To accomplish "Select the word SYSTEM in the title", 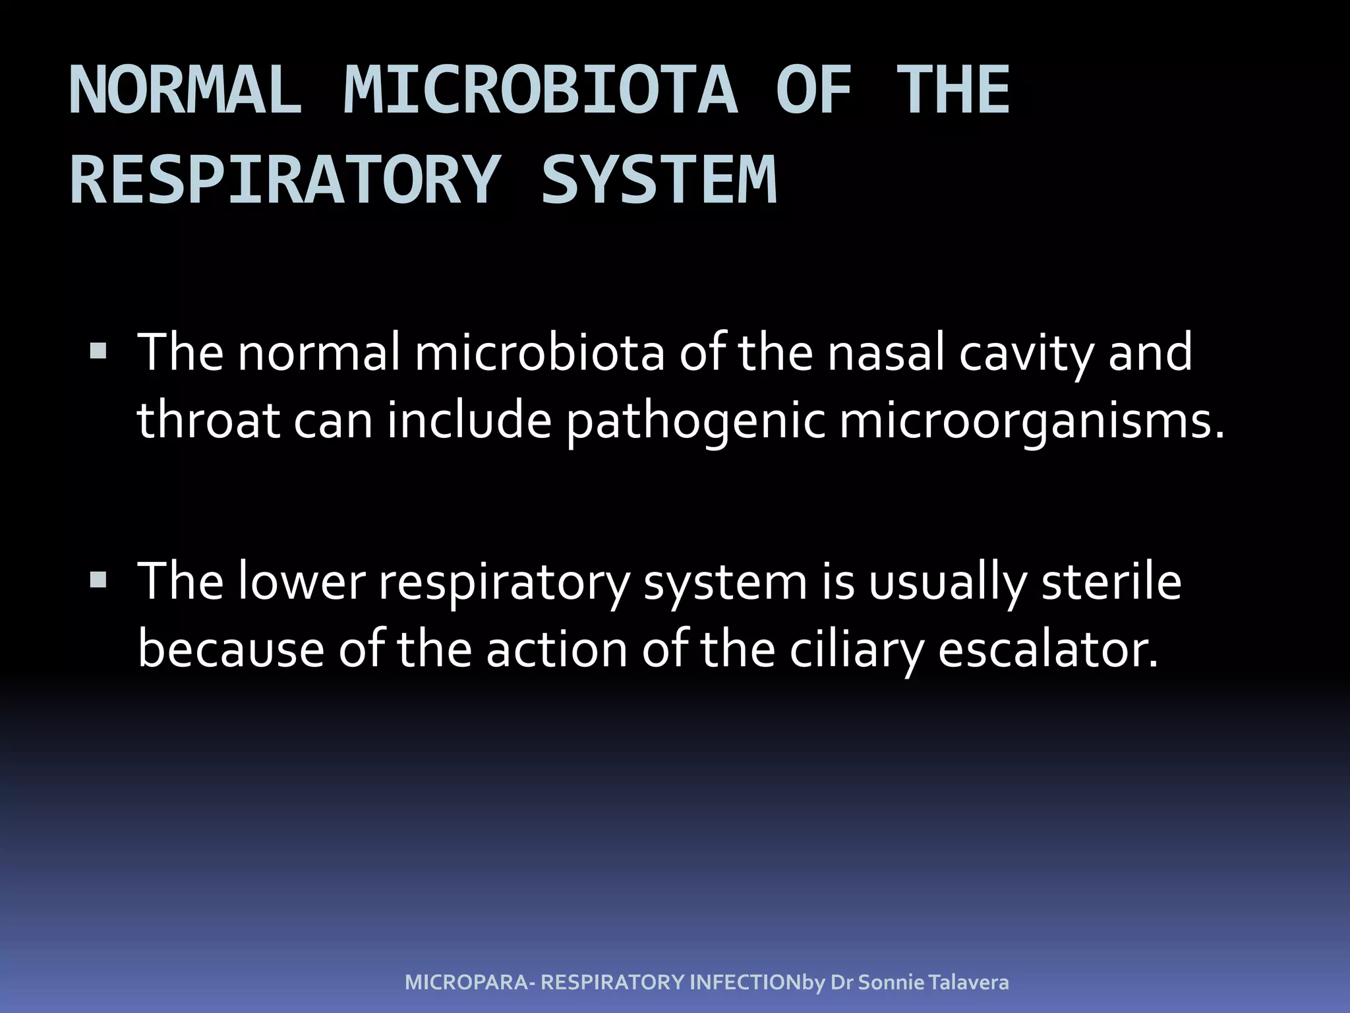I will (659, 180).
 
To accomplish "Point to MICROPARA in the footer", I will (466, 983).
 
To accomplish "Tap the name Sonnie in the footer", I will (891, 983).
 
